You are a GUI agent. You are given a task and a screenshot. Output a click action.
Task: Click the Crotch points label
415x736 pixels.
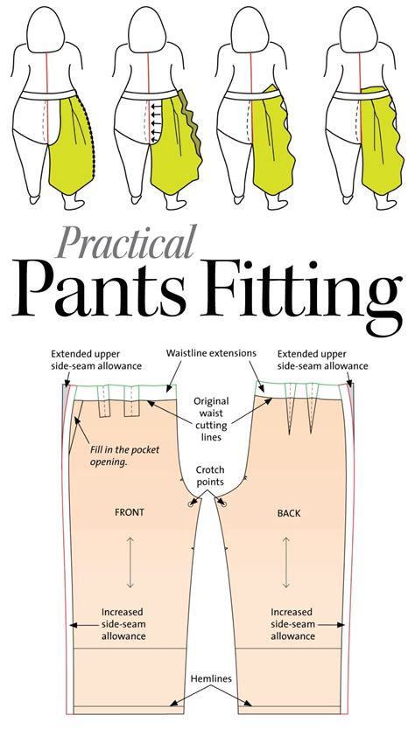coord(210,476)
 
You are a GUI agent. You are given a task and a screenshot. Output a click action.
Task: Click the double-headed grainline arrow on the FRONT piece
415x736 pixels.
coord(130,562)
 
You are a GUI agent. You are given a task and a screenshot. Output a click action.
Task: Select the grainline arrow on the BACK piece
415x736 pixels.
coord(286,562)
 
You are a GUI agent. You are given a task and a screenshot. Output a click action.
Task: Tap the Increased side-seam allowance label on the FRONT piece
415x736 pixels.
coord(123,624)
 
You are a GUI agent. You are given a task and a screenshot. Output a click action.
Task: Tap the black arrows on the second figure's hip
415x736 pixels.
coord(156,122)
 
